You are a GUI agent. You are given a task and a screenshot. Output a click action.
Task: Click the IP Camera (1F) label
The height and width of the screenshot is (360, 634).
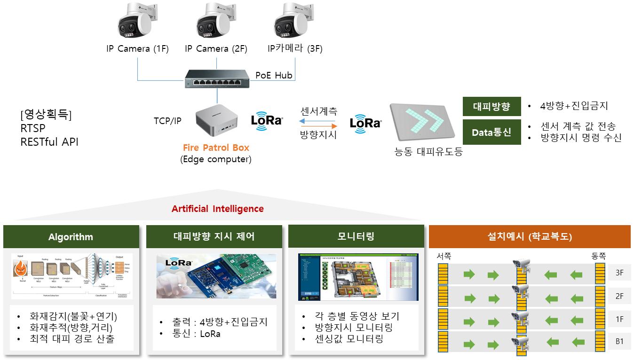click(137, 49)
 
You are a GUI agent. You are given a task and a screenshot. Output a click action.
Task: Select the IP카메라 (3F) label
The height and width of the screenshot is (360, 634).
click(295, 49)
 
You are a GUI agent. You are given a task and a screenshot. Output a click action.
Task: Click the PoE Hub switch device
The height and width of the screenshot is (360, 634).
click(217, 78)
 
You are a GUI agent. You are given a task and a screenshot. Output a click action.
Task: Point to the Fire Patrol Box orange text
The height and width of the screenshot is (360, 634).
click(216, 148)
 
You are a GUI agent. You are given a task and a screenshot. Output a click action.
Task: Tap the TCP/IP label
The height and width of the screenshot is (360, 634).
click(167, 121)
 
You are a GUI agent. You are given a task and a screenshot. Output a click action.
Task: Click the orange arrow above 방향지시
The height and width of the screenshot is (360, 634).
click(319, 126)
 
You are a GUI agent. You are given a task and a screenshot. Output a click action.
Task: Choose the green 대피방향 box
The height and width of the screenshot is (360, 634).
click(491, 106)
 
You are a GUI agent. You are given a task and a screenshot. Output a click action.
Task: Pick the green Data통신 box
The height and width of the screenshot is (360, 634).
click(491, 132)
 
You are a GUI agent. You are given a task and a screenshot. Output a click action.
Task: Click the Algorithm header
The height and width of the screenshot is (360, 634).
click(71, 237)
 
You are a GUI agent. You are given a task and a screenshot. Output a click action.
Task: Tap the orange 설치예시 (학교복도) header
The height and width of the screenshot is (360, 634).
click(530, 236)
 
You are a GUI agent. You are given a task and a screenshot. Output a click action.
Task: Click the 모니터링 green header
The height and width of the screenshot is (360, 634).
click(356, 236)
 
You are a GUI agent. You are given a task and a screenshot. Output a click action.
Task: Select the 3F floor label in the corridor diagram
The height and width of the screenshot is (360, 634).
click(619, 273)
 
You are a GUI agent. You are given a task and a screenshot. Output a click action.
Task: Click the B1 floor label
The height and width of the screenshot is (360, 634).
click(619, 342)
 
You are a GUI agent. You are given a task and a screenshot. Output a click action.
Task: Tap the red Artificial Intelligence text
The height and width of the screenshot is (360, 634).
click(217, 209)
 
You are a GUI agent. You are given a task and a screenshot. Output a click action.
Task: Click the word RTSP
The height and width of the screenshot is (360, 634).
click(33, 128)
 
